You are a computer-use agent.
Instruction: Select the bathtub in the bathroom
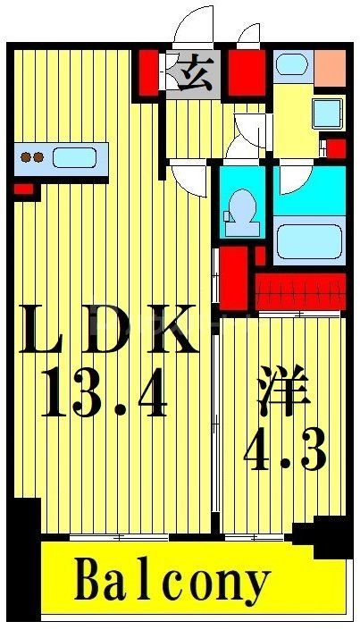tap(308, 241)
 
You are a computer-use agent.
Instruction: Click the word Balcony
tap(172, 583)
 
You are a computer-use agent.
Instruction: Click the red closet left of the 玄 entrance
tap(147, 71)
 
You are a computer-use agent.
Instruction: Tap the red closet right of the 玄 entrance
tap(245, 71)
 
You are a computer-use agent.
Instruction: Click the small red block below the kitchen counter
tap(23, 189)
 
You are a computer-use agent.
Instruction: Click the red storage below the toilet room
tap(235, 277)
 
